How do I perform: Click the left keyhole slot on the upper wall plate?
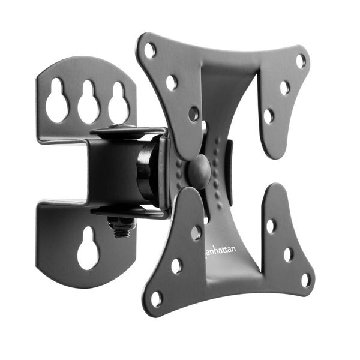(x=58, y=101)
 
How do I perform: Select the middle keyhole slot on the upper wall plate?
(x=89, y=102)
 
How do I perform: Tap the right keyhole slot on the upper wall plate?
(x=118, y=103)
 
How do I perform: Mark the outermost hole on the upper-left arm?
(x=149, y=50)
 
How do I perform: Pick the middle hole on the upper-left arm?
(x=172, y=82)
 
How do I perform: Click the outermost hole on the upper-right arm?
(x=301, y=61)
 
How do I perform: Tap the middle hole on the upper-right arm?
(x=284, y=88)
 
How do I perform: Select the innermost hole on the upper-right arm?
(x=269, y=115)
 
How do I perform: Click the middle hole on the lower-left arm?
(x=176, y=265)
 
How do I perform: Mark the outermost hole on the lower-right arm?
(x=306, y=280)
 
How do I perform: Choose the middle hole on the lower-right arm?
(x=289, y=254)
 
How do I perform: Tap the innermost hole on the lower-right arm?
(x=271, y=226)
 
